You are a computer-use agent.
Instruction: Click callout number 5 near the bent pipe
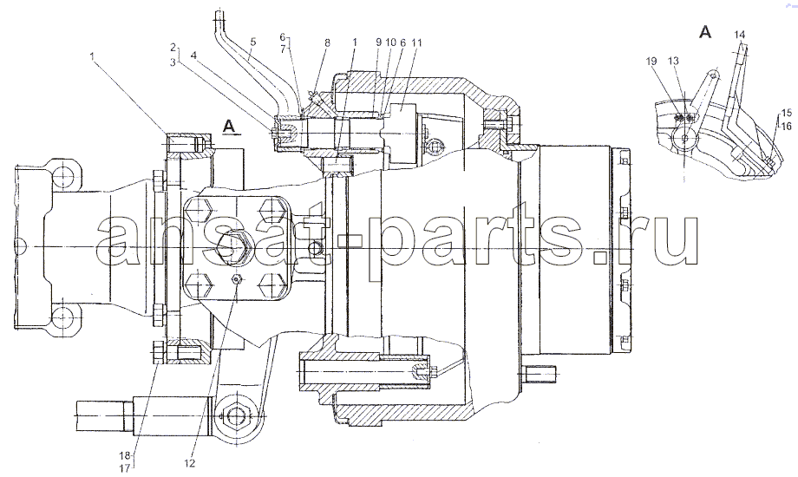pyautogui.click(x=253, y=42)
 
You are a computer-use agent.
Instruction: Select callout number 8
pyautogui.click(x=327, y=42)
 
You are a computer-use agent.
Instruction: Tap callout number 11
pyautogui.click(x=417, y=42)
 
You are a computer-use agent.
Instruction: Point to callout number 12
pyautogui.click(x=190, y=463)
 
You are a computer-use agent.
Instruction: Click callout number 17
pyautogui.click(x=125, y=469)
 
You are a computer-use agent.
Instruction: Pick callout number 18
pyautogui.click(x=125, y=455)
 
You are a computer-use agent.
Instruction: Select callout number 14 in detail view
pyautogui.click(x=740, y=34)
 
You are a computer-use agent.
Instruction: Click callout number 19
pyautogui.click(x=651, y=61)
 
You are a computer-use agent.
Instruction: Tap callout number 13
pyautogui.click(x=673, y=61)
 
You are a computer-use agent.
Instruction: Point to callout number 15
pyautogui.click(x=787, y=112)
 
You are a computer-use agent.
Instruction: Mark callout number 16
pyautogui.click(x=787, y=125)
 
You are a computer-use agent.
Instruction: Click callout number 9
pyautogui.click(x=379, y=42)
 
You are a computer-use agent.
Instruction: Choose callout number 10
pyautogui.click(x=390, y=42)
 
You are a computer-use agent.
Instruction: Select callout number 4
pyautogui.click(x=194, y=54)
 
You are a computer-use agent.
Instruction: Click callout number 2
pyautogui.click(x=173, y=48)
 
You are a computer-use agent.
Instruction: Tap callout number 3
pyautogui.click(x=173, y=61)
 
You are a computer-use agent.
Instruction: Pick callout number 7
pyautogui.click(x=284, y=49)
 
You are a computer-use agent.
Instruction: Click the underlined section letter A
pyautogui.click(x=230, y=127)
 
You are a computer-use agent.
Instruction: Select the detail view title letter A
pyautogui.click(x=705, y=32)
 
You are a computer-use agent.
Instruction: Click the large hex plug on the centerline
pyautogui.click(x=232, y=246)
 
